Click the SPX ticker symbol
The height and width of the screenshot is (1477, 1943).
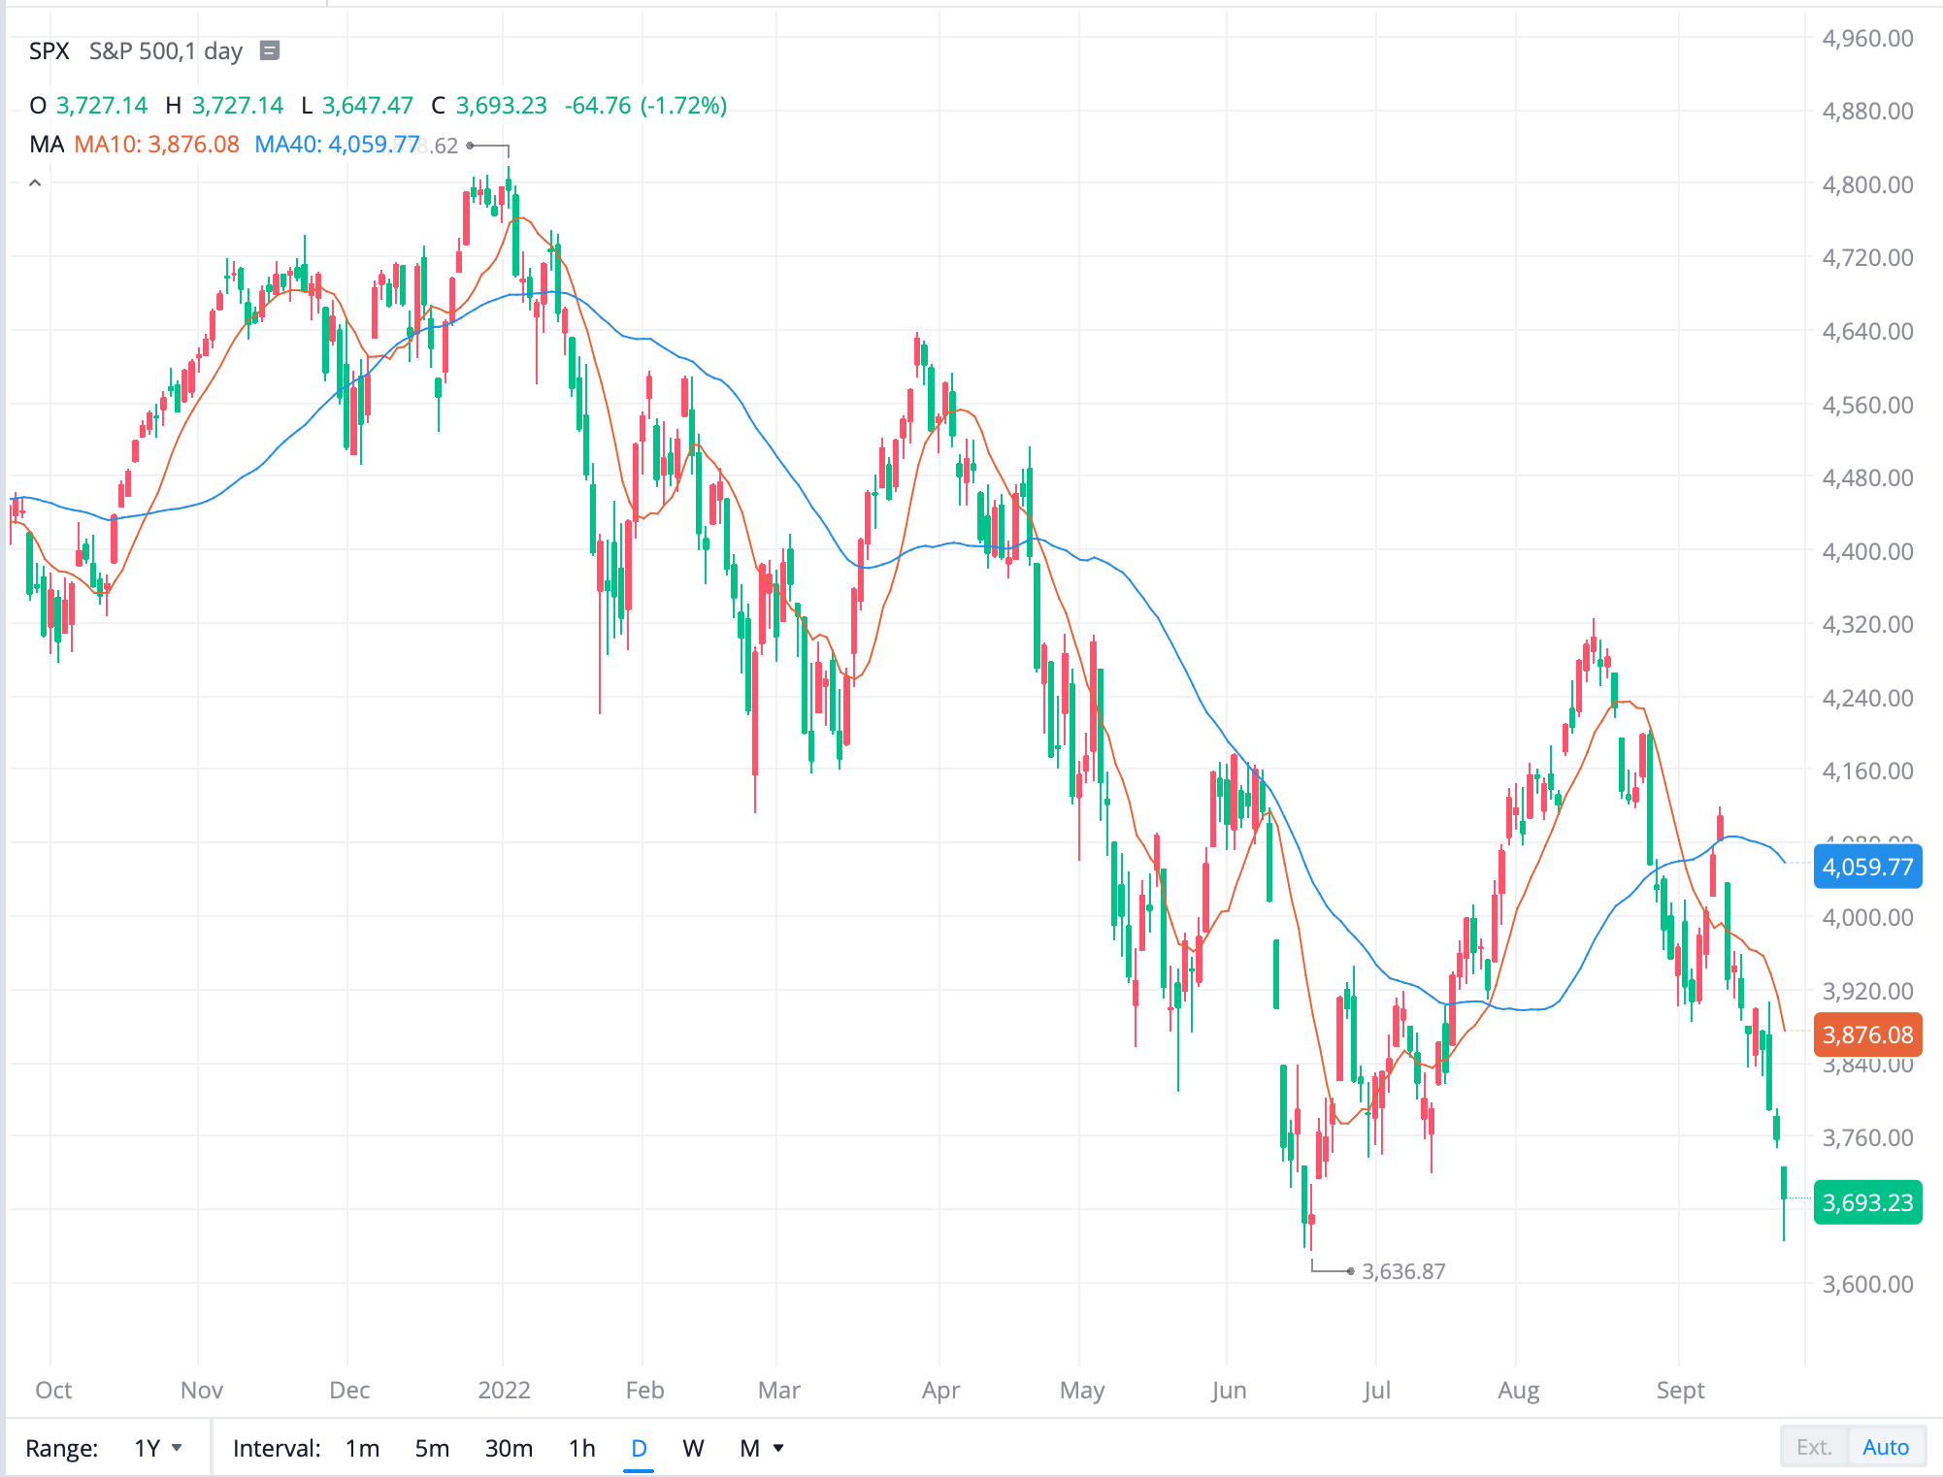pos(49,51)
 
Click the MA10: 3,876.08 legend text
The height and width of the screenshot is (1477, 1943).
pos(156,145)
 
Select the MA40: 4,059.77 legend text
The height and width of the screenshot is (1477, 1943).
pos(336,145)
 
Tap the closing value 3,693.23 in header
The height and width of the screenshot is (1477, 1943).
pos(501,106)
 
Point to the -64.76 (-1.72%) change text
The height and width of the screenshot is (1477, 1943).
pos(645,106)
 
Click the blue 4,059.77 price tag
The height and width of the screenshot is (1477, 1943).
pos(1867,867)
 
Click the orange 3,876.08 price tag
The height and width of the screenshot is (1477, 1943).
pos(1867,1034)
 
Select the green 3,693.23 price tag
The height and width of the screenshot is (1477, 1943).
pos(1867,1202)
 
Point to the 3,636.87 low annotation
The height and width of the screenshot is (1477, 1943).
pos(1403,1271)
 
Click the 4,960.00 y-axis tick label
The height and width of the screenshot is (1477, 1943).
pos(1867,39)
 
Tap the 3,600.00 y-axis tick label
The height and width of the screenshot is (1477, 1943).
pos(1867,1284)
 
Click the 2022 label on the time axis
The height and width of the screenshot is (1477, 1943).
pos(504,1390)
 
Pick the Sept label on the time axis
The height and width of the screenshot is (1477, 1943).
pos(1680,1390)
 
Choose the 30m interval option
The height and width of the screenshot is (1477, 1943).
pos(509,1448)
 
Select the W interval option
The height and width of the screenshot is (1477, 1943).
pos(693,1448)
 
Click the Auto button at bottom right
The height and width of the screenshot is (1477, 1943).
pos(1885,1447)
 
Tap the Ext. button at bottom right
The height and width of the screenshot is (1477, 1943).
pos(1813,1447)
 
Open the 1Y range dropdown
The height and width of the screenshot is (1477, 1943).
pos(158,1448)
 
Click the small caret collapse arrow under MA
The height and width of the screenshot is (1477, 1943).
pos(35,182)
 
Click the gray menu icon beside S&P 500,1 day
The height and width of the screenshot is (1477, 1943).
pos(270,50)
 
